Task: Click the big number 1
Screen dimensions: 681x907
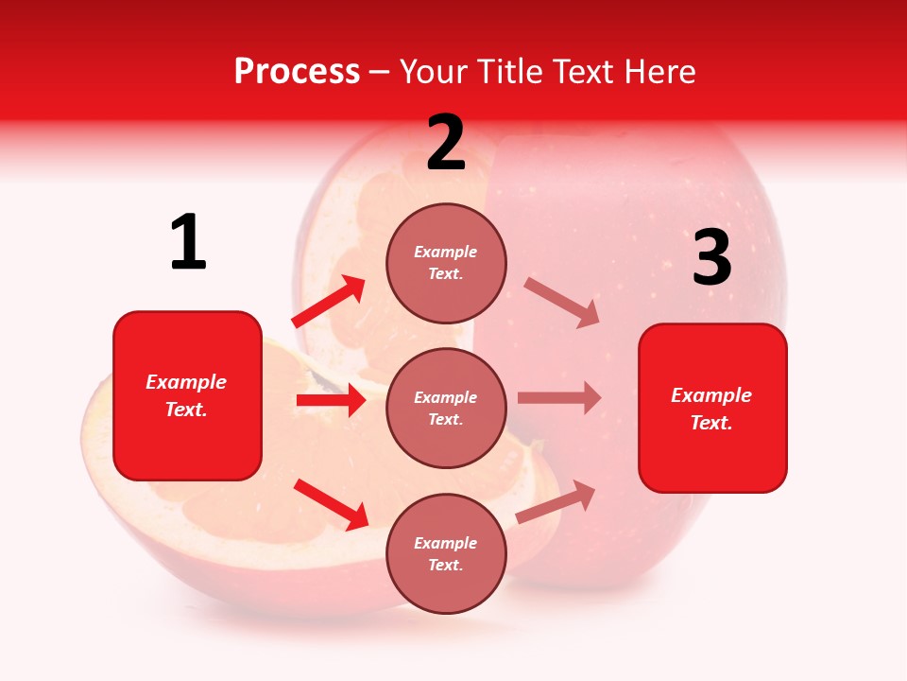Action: click(188, 242)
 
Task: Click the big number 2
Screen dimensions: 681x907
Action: click(446, 143)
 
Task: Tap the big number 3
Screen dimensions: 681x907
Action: click(711, 258)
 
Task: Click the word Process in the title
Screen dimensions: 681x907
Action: click(297, 71)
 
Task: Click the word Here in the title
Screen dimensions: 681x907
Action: click(659, 71)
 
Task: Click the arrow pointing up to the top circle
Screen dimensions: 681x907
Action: click(329, 302)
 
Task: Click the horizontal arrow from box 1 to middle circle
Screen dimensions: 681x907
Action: click(331, 400)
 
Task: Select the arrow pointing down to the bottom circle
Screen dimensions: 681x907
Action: click(331, 503)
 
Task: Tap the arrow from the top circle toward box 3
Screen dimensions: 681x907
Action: click(562, 303)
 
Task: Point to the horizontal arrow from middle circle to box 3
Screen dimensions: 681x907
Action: click(558, 398)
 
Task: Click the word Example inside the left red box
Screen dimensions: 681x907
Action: click(186, 382)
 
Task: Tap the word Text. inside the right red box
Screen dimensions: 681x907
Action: click(711, 423)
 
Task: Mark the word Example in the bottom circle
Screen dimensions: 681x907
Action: click(446, 543)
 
